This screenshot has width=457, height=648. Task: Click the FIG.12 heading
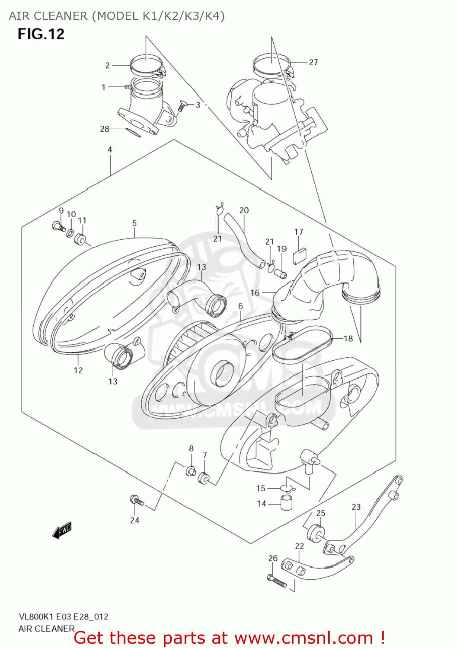[x=41, y=34]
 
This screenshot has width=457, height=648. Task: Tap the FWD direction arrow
[x=62, y=530]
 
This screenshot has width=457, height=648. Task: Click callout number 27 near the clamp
[x=313, y=62]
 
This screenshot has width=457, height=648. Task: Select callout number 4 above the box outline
[x=110, y=149]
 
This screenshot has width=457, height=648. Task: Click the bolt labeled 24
[x=137, y=501]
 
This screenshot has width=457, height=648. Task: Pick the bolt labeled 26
[x=277, y=580]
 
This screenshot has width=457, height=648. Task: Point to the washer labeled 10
[x=70, y=234]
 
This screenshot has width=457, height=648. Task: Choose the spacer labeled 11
[x=80, y=239]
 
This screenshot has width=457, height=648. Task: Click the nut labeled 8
[x=190, y=471]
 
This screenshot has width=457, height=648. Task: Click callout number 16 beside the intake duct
[x=255, y=293]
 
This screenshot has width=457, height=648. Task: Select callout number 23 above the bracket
[x=356, y=507]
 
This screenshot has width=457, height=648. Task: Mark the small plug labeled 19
[x=281, y=273]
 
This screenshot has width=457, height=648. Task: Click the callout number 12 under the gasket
[x=78, y=370]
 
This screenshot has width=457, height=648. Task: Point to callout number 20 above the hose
[x=244, y=210]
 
